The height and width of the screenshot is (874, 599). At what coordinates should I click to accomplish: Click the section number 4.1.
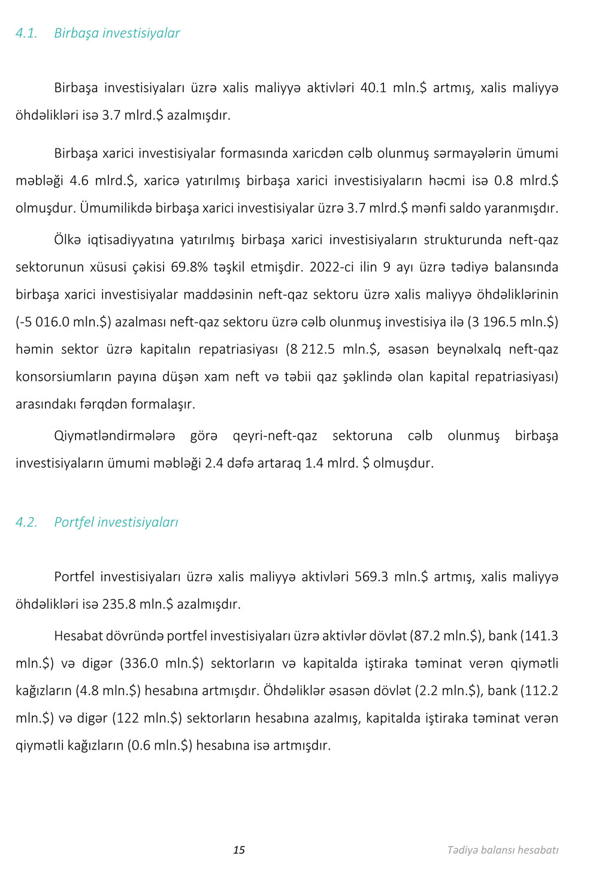[26, 34]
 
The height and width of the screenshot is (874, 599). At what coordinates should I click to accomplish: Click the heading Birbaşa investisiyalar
[117, 34]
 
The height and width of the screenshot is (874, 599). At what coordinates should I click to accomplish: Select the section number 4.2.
[26, 523]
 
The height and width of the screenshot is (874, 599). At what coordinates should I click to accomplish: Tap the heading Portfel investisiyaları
[116, 523]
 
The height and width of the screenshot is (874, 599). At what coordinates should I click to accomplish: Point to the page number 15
[239, 850]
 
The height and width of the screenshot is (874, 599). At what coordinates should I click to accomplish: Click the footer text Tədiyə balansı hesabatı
[503, 850]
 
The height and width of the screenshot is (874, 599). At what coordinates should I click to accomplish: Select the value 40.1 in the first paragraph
[373, 88]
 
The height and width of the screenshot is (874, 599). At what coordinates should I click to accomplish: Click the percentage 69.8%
[189, 267]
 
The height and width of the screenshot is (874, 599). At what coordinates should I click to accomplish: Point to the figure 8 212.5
[312, 350]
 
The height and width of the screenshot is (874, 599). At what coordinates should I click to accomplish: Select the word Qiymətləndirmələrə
[114, 436]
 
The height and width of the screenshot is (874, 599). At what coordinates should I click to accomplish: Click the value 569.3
[371, 577]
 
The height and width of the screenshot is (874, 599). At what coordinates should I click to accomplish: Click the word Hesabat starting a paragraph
[78, 636]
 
